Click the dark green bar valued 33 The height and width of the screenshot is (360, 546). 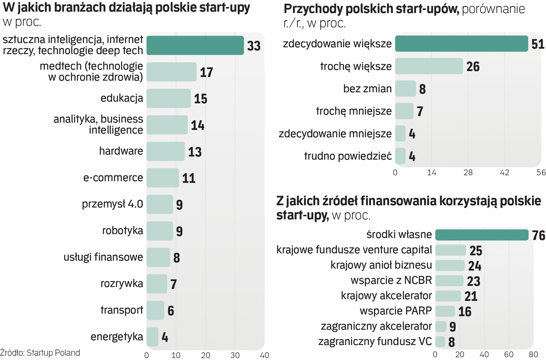pos(195,45)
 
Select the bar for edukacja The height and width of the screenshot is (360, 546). pos(168,98)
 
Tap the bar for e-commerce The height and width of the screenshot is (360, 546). pos(162,178)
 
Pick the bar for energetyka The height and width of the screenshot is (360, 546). pos(152,337)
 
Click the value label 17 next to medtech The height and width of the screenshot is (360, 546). pos(206,72)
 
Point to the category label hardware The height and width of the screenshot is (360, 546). pos(121,151)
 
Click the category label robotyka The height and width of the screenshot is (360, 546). pos(122,230)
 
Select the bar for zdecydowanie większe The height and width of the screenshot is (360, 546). pos(462,44)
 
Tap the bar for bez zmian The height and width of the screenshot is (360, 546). pos(406,89)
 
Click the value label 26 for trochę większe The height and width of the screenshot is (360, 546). pos(473,67)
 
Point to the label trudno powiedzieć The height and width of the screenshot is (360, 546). pos(348,156)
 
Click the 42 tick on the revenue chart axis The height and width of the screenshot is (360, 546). pos(504,173)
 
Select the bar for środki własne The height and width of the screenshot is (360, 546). pos(482,235)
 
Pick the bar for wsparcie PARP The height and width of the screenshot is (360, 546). pos(445,311)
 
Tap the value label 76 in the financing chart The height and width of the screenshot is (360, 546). pos(538,236)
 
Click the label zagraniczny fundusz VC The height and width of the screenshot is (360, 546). pos(375,342)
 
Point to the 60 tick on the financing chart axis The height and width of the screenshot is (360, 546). pos(509,354)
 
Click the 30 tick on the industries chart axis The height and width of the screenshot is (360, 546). pos(235,355)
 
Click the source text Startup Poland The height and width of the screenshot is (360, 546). pos(53,353)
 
